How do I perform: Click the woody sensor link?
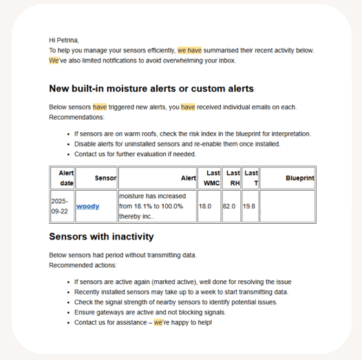click(87, 207)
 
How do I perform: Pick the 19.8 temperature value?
click(249, 207)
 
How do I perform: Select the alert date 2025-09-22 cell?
click(63, 207)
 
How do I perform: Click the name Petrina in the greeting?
click(67, 40)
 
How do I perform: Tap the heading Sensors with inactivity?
click(101, 237)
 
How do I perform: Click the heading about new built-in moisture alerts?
click(151, 88)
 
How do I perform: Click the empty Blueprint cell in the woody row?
click(288, 207)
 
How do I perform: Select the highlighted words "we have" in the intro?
click(189, 50)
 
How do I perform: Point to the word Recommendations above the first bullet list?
click(76, 117)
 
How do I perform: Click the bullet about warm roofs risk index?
click(193, 134)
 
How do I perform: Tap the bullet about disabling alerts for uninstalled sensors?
click(178, 144)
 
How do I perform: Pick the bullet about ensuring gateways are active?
click(150, 313)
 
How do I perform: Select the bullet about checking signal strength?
click(176, 302)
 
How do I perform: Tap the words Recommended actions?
click(83, 265)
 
